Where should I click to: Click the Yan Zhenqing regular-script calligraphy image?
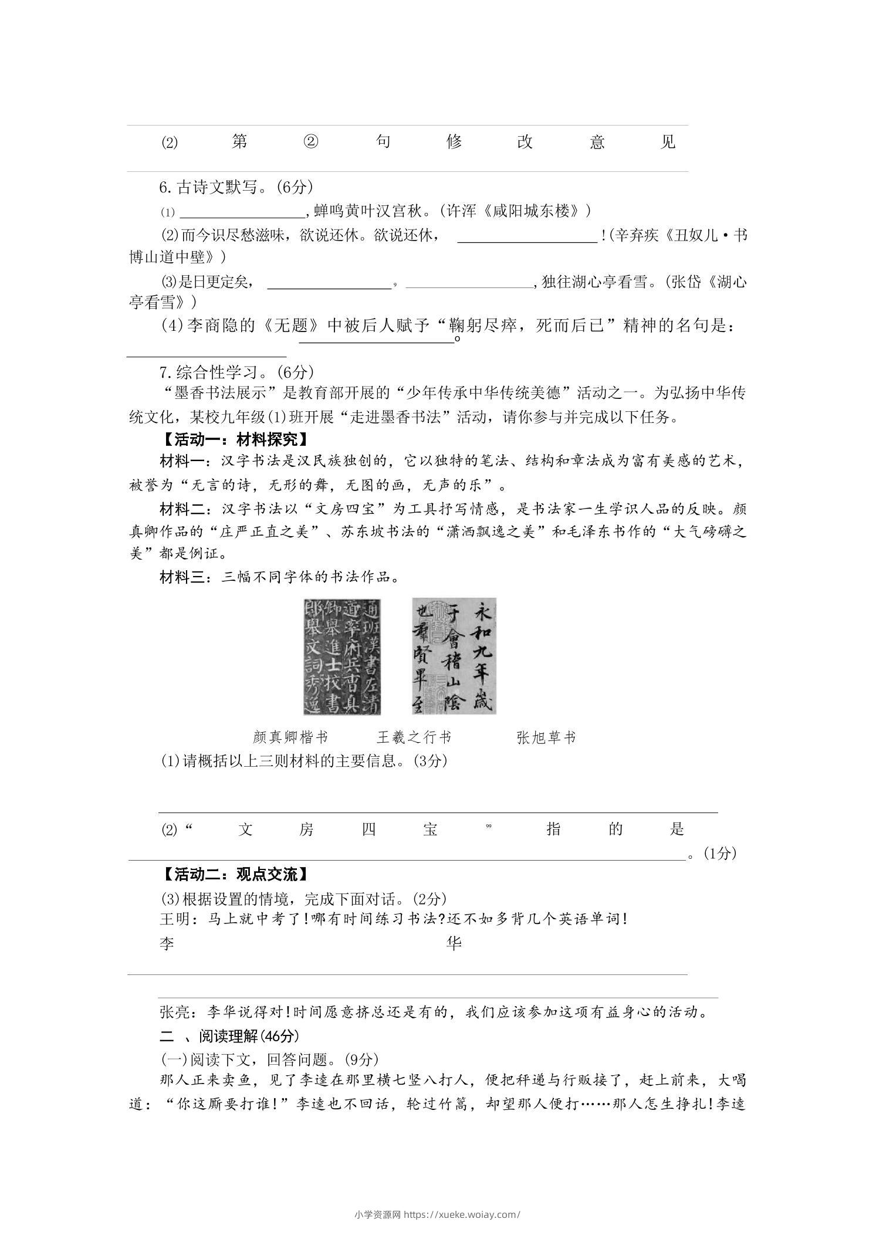[341, 656]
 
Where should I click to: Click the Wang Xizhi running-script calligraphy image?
[454, 656]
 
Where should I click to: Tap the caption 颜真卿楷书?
[290, 737]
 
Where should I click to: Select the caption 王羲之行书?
[414, 737]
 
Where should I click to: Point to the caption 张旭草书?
[546, 737]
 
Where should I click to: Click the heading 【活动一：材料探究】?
[234, 439]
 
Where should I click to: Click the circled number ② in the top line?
[311, 142]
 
